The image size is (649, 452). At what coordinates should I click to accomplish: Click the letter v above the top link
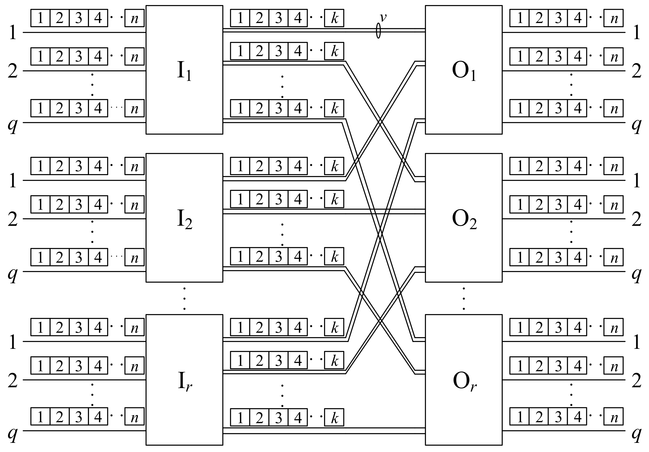tap(383, 17)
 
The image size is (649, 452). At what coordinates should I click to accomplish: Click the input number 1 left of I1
tap(13, 33)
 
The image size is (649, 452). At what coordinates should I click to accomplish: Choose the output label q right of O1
tap(637, 124)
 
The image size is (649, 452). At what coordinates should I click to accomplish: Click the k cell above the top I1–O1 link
tap(334, 18)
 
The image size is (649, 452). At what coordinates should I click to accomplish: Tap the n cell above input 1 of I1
tap(135, 18)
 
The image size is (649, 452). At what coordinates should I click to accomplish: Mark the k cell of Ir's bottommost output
tap(334, 418)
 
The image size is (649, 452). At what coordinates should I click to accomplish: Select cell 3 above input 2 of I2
tap(79, 204)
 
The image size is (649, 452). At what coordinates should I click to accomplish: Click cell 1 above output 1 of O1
tap(519, 18)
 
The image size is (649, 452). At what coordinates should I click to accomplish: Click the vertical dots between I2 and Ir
tap(184, 298)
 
